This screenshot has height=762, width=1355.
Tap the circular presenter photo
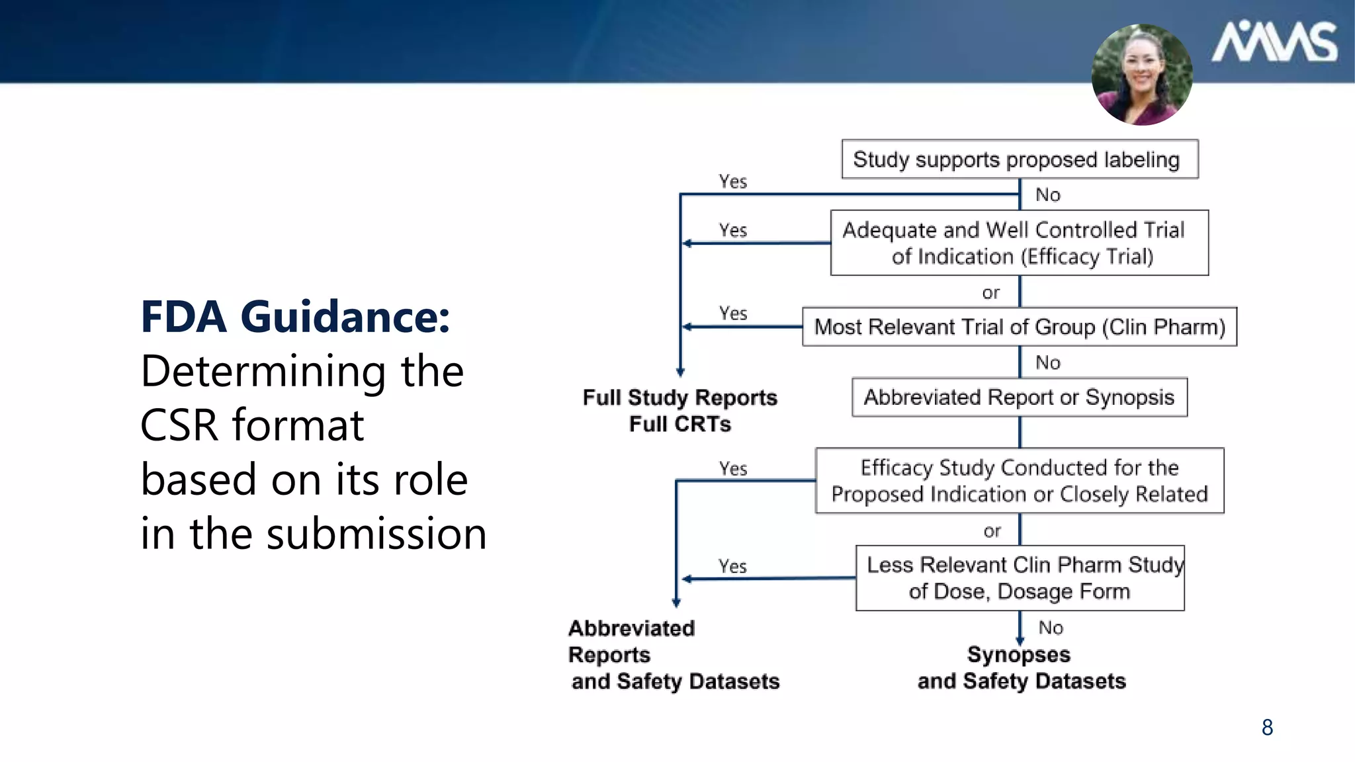[1142, 75]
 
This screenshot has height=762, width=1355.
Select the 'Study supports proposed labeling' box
[1019, 159]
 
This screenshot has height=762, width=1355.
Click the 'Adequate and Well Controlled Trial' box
[1019, 243]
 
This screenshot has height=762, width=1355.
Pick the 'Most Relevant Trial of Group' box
[1019, 327]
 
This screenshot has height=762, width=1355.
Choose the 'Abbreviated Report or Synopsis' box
[1019, 397]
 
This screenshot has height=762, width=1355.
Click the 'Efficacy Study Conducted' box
[1019, 481]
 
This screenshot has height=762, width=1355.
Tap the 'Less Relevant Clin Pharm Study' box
[1020, 578]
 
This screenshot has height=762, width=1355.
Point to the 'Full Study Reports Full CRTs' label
[679, 410]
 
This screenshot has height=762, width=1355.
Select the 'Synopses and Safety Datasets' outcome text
[1021, 667]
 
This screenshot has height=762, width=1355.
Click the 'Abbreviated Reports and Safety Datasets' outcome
[674, 654]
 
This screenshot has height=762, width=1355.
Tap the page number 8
[1267, 728]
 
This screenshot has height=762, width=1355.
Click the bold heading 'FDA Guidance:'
[295, 316]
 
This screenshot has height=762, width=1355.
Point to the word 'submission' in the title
[376, 533]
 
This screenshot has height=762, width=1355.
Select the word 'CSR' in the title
[179, 425]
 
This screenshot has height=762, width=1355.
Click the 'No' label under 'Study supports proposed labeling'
[1047, 195]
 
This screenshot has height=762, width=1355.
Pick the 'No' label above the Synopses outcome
[1050, 627]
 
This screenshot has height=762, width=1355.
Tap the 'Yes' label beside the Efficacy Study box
[733, 469]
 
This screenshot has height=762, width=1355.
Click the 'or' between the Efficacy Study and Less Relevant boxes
[992, 530]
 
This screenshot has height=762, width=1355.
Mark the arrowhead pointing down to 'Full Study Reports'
[680, 372]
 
